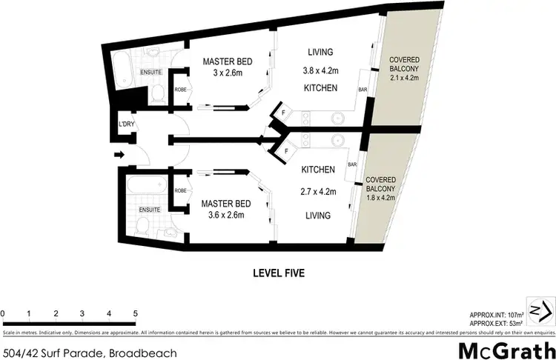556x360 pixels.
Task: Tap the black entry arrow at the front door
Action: click(x=118, y=156)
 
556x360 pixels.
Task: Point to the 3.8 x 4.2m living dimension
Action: click(x=320, y=73)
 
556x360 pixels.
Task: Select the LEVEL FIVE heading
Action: click(x=277, y=273)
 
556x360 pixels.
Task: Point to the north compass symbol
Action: click(x=540, y=307)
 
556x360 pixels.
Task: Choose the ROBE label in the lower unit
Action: click(x=180, y=190)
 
